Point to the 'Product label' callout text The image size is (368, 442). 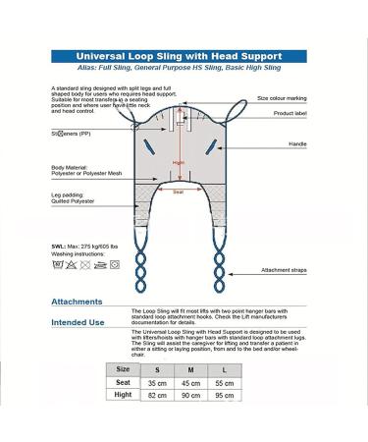tap(289, 113)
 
